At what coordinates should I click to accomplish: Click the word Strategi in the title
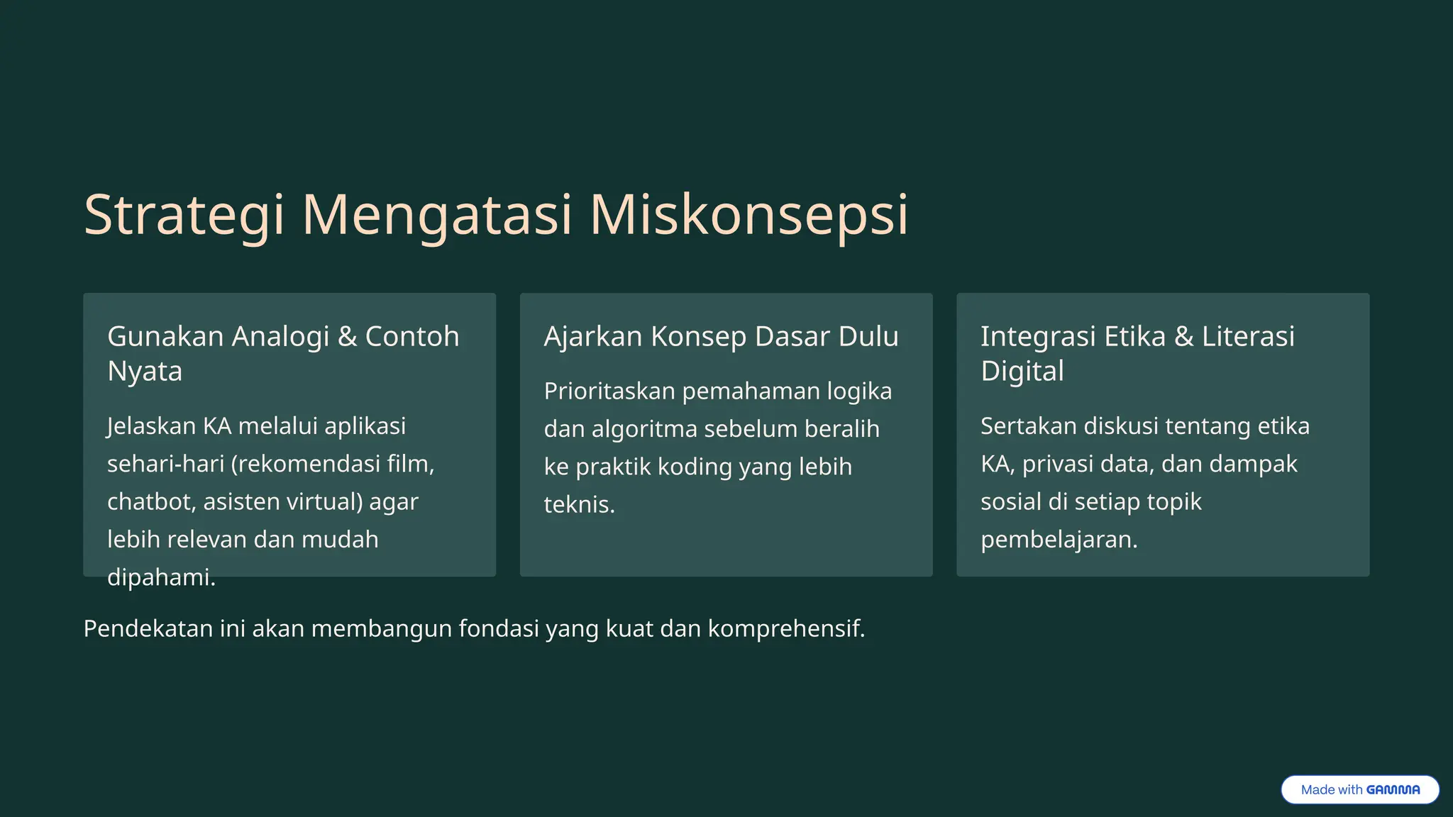coord(184,215)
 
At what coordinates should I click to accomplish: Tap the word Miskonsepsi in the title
coord(748,215)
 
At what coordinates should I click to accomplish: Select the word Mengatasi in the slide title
coord(436,215)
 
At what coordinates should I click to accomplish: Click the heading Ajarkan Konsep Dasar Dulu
coord(721,336)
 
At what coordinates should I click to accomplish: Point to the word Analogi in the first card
coord(280,336)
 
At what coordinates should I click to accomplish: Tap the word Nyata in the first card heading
coord(145,371)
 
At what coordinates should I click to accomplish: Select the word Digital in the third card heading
coord(1022,371)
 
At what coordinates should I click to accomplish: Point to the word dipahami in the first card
coord(160,577)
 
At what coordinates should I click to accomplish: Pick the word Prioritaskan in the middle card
coord(609,391)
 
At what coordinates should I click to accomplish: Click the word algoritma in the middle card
coord(644,429)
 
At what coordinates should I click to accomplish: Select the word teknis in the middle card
coord(578,504)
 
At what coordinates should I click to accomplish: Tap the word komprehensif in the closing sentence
coord(785,628)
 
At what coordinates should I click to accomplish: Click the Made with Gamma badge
coord(1359,789)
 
